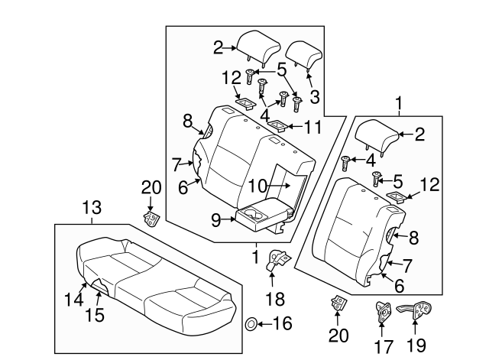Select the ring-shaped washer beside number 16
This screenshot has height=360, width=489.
[251, 325]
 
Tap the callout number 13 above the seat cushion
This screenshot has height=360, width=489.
[92, 207]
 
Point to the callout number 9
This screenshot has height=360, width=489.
[215, 220]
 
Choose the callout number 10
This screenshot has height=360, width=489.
[257, 184]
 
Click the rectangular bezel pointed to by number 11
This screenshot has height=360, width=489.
[279, 125]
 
